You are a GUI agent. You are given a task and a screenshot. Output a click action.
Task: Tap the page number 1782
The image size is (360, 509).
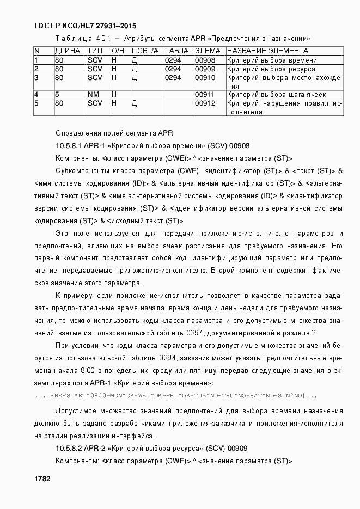(42, 479)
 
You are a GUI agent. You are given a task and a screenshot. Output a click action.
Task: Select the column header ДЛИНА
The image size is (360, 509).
(68, 51)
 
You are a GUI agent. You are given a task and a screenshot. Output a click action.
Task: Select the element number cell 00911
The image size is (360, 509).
(205, 95)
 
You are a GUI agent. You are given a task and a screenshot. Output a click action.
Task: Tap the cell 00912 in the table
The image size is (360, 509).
(205, 103)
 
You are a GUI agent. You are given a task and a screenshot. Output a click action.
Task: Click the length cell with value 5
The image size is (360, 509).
(57, 95)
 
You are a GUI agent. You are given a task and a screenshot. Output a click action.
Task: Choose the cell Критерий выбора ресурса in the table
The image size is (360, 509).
(271, 69)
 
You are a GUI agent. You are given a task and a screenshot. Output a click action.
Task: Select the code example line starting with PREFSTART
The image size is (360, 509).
(175, 396)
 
